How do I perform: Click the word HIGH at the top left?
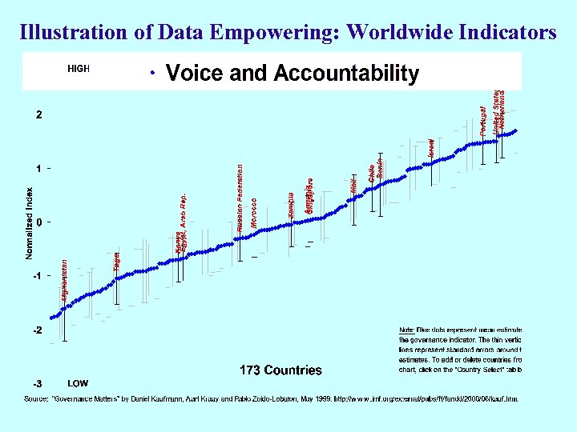[x=78, y=69]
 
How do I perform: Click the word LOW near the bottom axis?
[x=78, y=383]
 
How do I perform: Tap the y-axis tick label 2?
[x=38, y=114]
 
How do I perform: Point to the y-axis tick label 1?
[x=38, y=169]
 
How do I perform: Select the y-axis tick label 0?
[x=38, y=222]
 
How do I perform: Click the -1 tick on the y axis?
[x=37, y=276]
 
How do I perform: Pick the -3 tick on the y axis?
[x=37, y=383]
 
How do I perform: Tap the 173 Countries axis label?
[x=280, y=370]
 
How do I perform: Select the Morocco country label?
[x=254, y=212]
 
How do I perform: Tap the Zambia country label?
[x=293, y=205]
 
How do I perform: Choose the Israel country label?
[x=431, y=145]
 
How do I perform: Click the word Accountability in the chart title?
[x=346, y=74]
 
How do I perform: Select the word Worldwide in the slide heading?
[x=403, y=33]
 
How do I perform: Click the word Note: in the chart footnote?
[x=408, y=330]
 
